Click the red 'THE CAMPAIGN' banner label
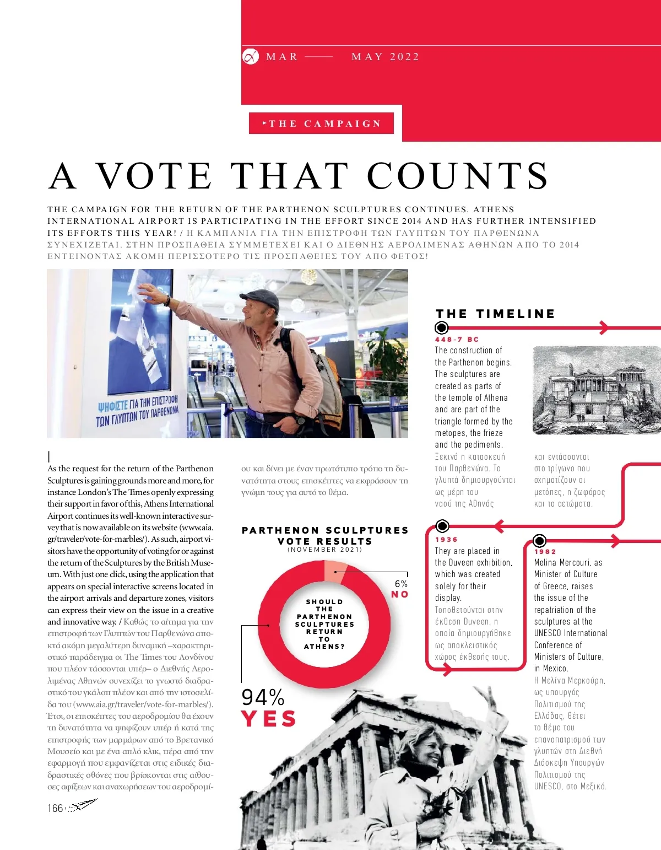(321, 123)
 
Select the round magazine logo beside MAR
(251, 56)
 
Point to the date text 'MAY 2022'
(385, 57)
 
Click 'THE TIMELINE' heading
(495, 314)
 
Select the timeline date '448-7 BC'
(457, 340)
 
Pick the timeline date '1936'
(446, 540)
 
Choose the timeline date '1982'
(545, 551)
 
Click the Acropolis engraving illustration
(596, 390)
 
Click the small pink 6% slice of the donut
(335, 570)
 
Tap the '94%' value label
(263, 697)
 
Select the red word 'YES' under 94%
(268, 719)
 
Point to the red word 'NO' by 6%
(399, 594)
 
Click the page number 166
(55, 808)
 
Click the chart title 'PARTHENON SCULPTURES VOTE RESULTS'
(325, 535)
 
